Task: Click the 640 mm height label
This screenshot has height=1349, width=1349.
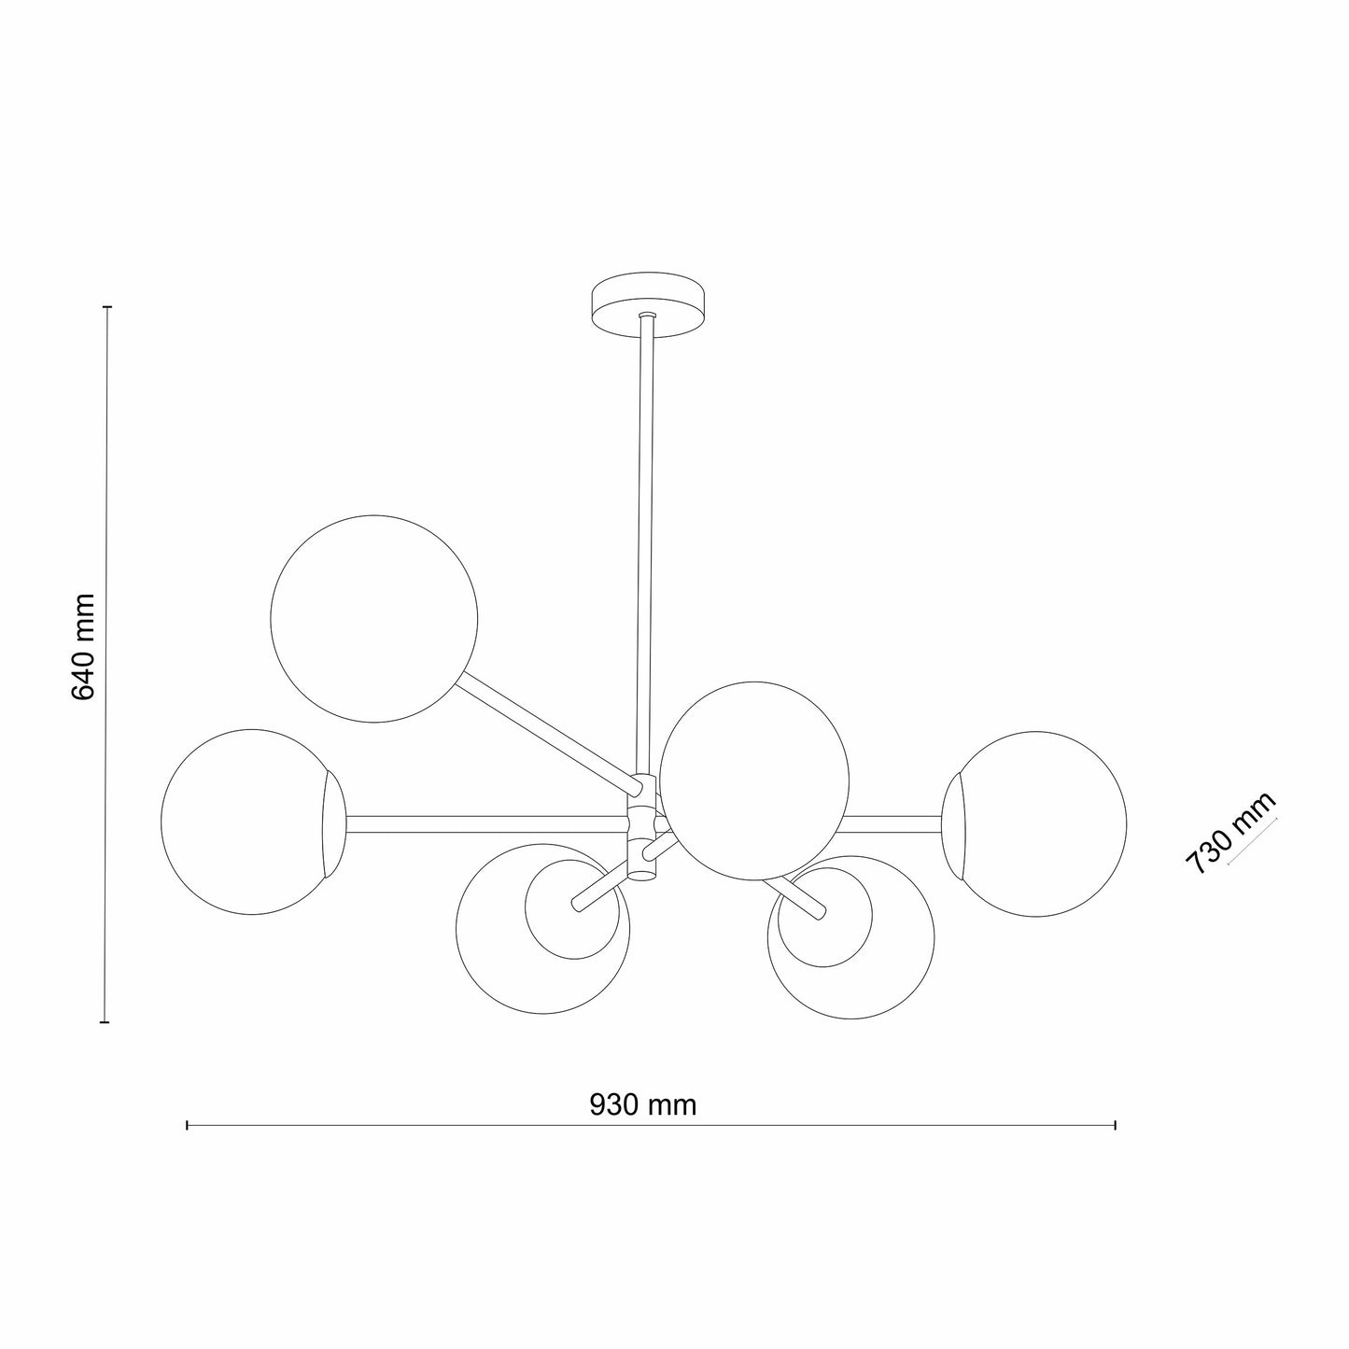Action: click(x=83, y=647)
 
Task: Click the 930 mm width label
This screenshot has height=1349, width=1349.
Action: click(x=642, y=1104)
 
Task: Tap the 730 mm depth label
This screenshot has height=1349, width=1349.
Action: click(x=1230, y=833)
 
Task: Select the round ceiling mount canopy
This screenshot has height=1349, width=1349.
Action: click(x=650, y=303)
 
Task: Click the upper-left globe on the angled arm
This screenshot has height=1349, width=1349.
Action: click(x=373, y=618)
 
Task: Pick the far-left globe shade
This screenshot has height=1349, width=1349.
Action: click(x=253, y=822)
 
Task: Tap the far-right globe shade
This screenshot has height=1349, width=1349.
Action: click(x=1034, y=824)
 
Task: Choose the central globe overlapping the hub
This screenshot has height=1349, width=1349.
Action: click(x=754, y=780)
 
